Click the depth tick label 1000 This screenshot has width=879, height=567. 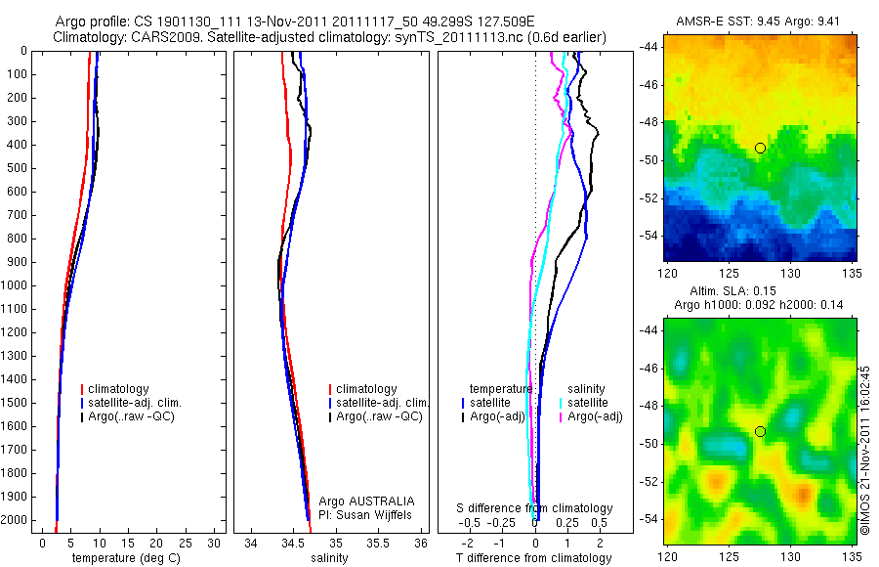[x=15, y=285]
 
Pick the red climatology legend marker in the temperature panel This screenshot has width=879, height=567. [x=83, y=389]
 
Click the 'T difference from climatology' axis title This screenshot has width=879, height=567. [x=533, y=558]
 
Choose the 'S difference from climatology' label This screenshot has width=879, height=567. [x=535, y=508]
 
